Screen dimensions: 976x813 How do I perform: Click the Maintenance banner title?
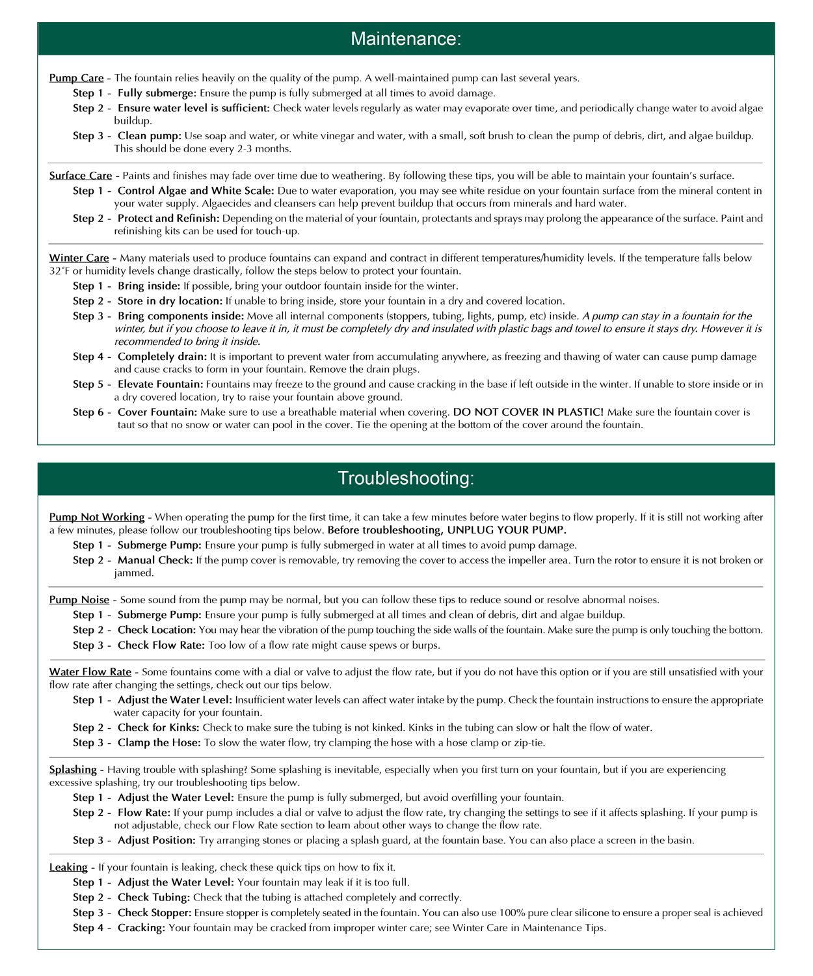406,38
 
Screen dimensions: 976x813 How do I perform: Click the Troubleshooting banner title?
406,478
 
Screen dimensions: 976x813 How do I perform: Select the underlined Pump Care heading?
76,78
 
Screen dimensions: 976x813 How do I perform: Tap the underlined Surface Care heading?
81,176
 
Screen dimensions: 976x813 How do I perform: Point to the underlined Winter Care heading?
79,258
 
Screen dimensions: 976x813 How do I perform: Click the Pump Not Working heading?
97,517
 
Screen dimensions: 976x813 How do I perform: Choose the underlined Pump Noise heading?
79,600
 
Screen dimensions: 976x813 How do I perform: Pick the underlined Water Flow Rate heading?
90,672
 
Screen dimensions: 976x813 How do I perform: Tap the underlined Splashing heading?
73,770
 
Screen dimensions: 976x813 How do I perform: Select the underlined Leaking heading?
68,867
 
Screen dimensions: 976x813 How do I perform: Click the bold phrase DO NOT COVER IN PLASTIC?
528,413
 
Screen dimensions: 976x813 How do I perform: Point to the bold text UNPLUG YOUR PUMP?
507,530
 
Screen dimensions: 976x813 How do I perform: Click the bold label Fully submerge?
157,93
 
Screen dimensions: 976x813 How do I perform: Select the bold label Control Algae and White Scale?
196,191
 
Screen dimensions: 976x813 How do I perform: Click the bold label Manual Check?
155,560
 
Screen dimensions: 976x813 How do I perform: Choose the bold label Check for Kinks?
158,727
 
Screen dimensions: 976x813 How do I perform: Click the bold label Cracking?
141,928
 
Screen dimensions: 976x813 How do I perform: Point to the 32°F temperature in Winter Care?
59,271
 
